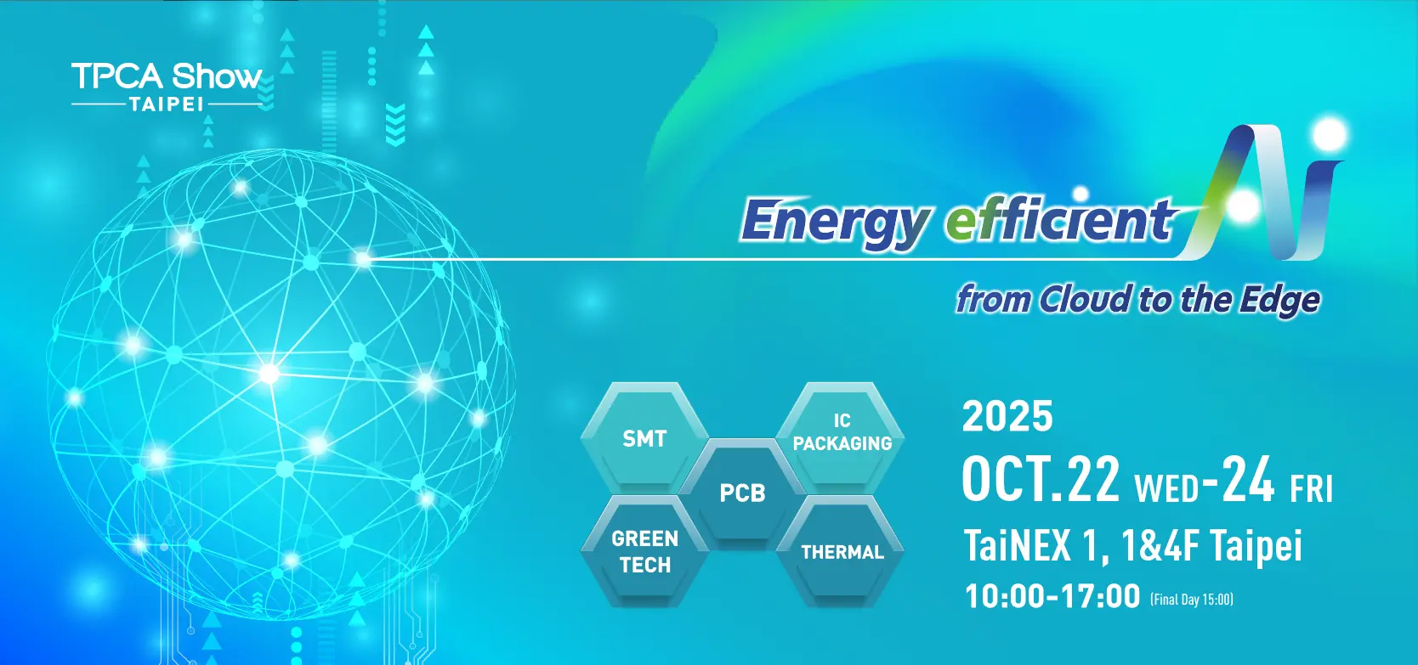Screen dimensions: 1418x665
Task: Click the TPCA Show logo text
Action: (167, 76)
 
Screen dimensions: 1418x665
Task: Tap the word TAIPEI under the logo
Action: (167, 104)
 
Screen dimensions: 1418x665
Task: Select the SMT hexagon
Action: (644, 437)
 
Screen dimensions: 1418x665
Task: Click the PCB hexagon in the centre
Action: (742, 493)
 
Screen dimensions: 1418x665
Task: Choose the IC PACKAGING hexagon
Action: (841, 437)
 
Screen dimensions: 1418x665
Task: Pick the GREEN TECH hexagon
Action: (644, 551)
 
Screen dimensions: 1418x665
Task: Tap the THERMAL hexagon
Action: (841, 551)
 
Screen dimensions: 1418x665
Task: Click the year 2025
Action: (1007, 416)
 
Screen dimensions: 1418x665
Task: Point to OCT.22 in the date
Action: (1040, 480)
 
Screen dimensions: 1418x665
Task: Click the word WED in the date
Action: (1166, 488)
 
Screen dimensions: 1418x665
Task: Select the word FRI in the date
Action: (1312, 488)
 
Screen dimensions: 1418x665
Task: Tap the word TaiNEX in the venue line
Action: (1018, 545)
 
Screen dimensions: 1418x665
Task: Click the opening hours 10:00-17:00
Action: (1052, 596)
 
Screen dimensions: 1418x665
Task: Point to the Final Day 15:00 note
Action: (1192, 600)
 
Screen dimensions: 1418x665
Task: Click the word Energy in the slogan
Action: (835, 223)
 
